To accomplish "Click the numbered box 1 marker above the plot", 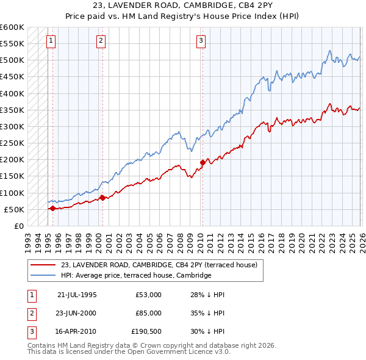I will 50,41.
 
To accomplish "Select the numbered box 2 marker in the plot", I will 101,41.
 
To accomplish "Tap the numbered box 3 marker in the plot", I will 201,41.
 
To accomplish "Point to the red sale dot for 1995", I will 52,208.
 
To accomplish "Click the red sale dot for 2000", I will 102,197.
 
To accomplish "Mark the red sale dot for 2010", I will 203,162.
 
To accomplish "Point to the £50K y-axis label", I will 14,209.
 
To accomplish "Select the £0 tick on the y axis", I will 18,226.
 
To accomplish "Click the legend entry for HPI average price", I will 135,275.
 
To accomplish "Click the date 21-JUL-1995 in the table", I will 76,294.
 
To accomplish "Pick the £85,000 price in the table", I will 149,313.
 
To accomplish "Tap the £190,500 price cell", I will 147,332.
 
